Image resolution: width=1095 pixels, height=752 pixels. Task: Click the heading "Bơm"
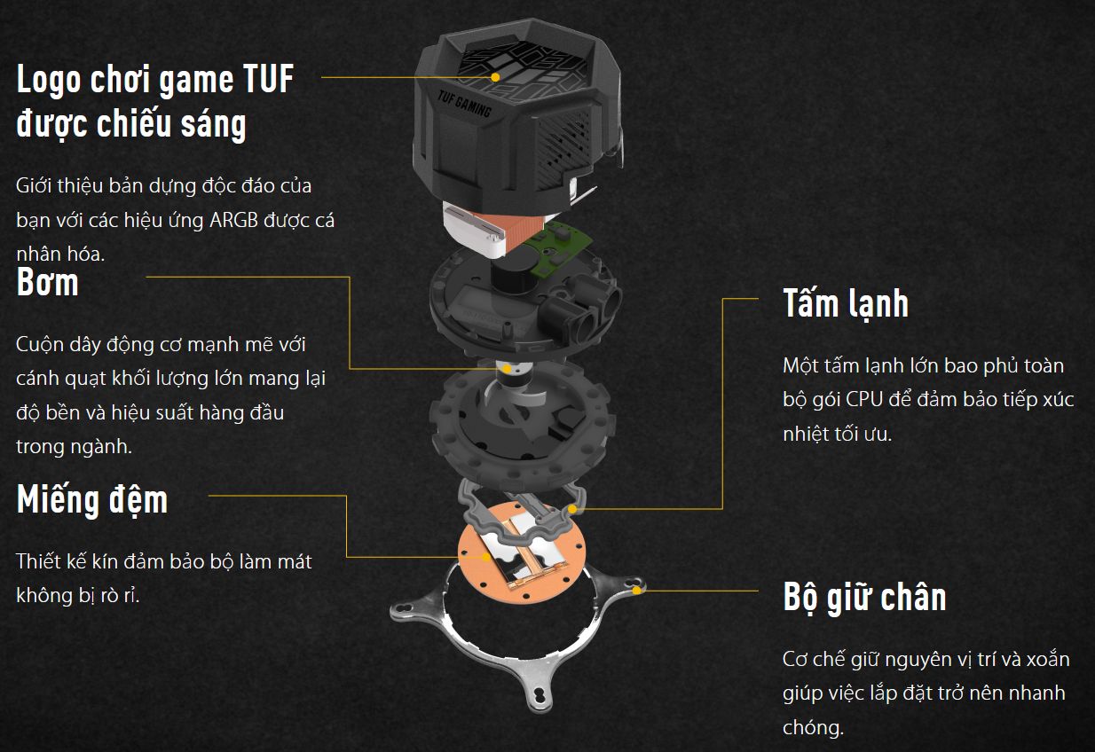tap(48, 283)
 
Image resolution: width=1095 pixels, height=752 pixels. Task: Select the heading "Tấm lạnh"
tap(846, 304)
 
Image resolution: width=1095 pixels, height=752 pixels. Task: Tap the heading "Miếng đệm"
tap(92, 500)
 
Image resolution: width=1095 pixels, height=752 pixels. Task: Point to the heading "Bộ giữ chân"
tap(864, 598)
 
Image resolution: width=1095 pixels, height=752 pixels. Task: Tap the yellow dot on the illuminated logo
tap(496, 77)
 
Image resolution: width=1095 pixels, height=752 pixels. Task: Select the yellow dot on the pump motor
tap(507, 369)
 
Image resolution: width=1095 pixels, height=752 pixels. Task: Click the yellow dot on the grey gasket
tap(573, 509)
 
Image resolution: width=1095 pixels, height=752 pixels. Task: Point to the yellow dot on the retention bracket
tap(636, 590)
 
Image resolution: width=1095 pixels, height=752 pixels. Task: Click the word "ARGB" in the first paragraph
tap(233, 220)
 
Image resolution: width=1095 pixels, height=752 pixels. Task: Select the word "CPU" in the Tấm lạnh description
tap(863, 400)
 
